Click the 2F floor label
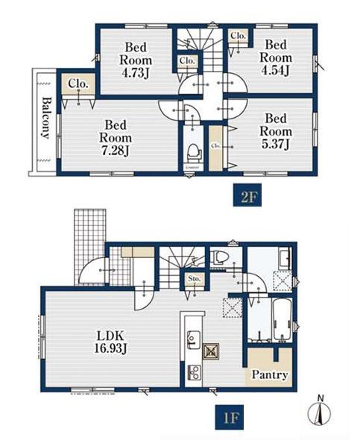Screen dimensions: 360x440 (x=247, y=195)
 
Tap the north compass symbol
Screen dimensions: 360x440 (x=319, y=412)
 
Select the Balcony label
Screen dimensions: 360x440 (x=45, y=118)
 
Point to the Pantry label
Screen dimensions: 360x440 (x=269, y=374)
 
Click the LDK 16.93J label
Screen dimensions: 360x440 (x=110, y=342)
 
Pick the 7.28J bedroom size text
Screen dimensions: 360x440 (x=116, y=151)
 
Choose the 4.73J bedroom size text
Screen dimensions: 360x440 (x=135, y=72)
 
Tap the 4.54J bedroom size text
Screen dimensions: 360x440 (x=275, y=70)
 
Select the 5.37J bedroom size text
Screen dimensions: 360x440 (x=276, y=144)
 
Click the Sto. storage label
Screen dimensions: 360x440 (x=195, y=279)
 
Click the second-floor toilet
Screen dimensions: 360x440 (x=194, y=152)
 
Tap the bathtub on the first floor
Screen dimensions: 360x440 (x=282, y=320)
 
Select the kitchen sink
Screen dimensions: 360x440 (x=194, y=339)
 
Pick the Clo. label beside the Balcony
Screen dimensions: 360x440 (x=78, y=84)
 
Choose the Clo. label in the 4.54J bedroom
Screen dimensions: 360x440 (x=238, y=36)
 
